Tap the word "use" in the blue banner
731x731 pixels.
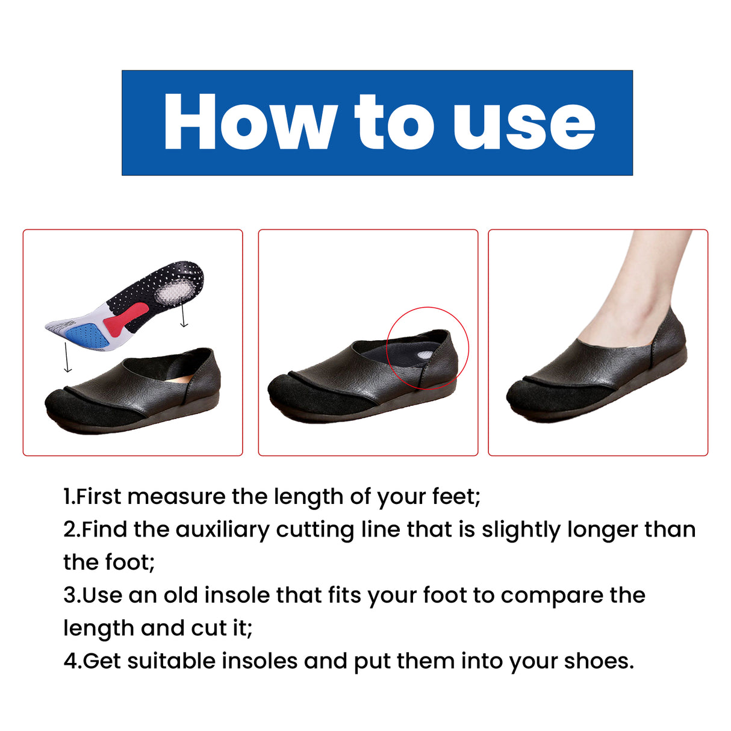click(x=524, y=122)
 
